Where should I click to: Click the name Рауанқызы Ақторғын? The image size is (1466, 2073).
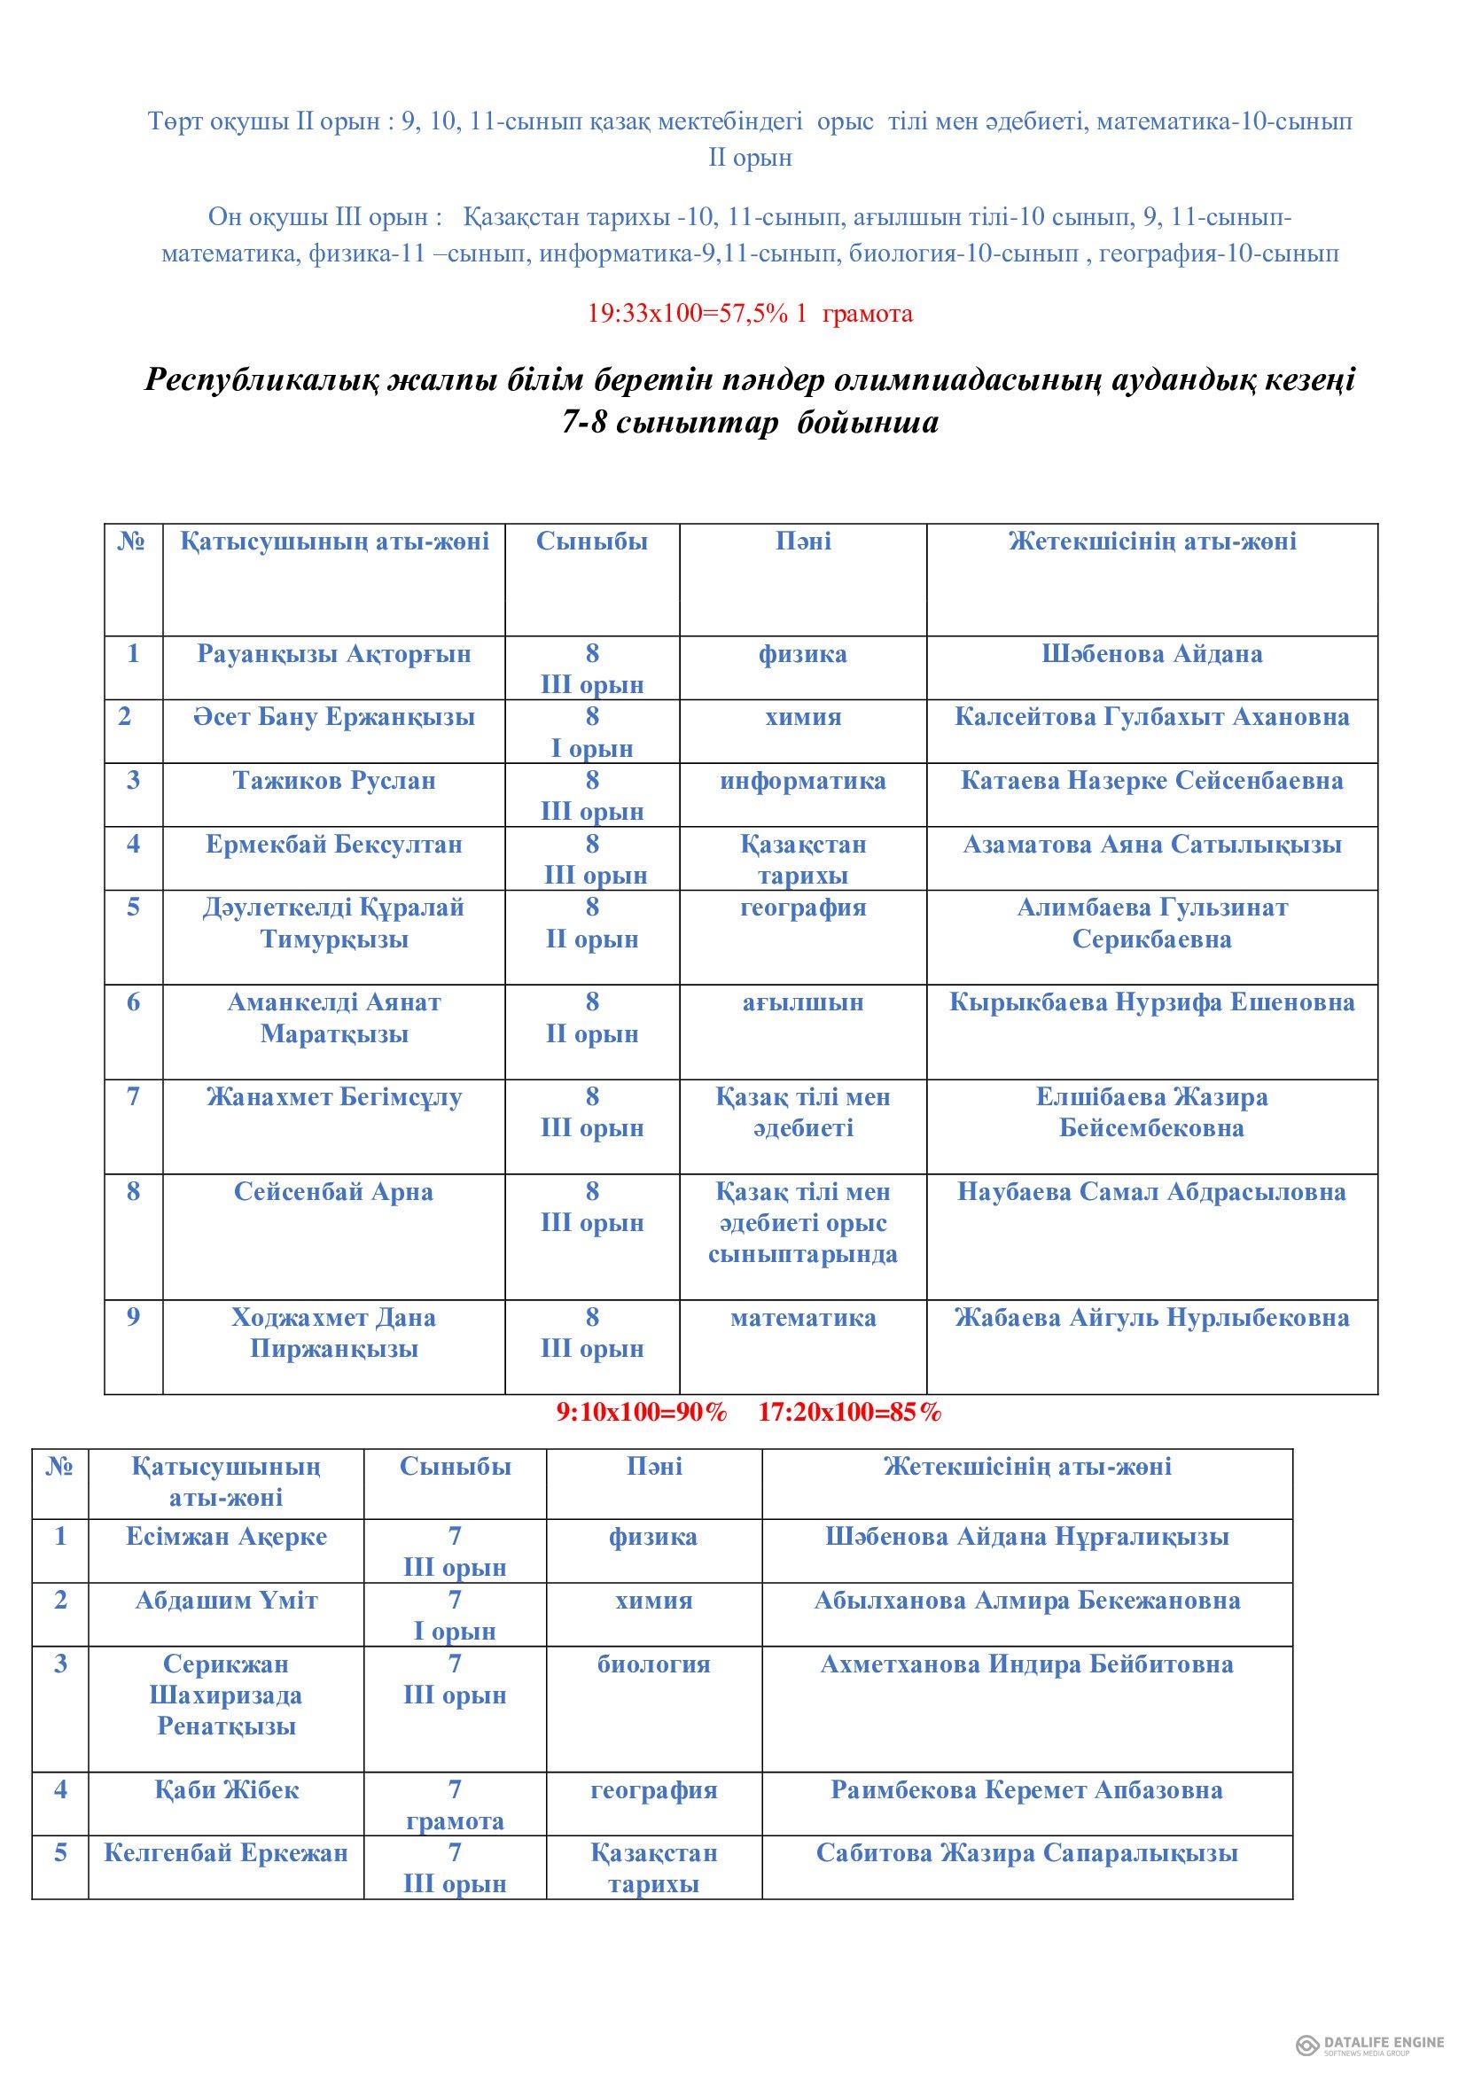pyautogui.click(x=334, y=654)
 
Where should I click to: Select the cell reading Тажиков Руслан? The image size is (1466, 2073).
pyautogui.click(x=334, y=780)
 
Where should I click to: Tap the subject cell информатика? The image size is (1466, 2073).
pyautogui.click(x=802, y=780)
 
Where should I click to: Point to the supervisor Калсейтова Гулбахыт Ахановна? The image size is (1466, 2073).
pyautogui.click(x=1152, y=717)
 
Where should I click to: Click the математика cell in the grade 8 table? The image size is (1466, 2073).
pyautogui.click(x=802, y=1317)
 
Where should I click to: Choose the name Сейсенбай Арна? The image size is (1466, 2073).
pyautogui.click(x=333, y=1192)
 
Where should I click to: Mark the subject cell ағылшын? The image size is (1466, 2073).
pyautogui.click(x=802, y=1002)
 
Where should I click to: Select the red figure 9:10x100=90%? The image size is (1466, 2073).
pyautogui.click(x=642, y=1413)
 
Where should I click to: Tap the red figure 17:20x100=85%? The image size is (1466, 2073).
pyautogui.click(x=849, y=1413)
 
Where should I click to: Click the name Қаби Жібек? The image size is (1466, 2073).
pyautogui.click(x=227, y=1789)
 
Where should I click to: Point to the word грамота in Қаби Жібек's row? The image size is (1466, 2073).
pyautogui.click(x=455, y=1821)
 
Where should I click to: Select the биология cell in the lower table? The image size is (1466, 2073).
pyautogui.click(x=653, y=1664)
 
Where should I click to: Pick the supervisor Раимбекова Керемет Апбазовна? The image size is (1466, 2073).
pyautogui.click(x=1026, y=1789)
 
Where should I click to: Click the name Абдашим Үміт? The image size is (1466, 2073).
pyautogui.click(x=227, y=1601)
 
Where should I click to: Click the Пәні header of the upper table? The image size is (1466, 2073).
pyautogui.click(x=802, y=542)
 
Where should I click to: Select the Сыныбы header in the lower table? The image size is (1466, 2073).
pyautogui.click(x=455, y=1466)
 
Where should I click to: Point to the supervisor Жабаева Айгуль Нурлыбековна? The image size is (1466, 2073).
pyautogui.click(x=1152, y=1317)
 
